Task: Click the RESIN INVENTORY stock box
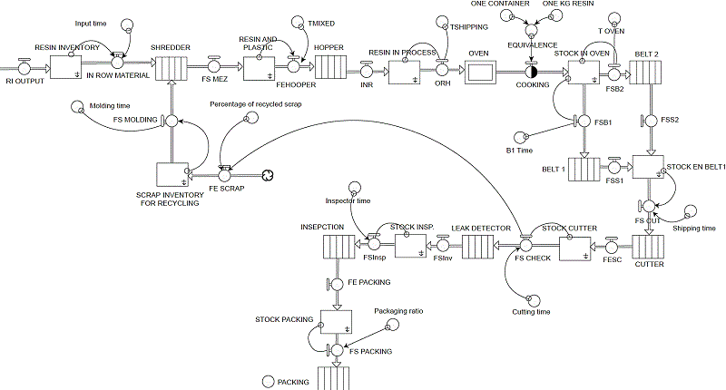pyautogui.click(x=65, y=68)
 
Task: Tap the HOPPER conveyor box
pyautogui.click(x=329, y=68)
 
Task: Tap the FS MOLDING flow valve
pyautogui.click(x=170, y=120)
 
